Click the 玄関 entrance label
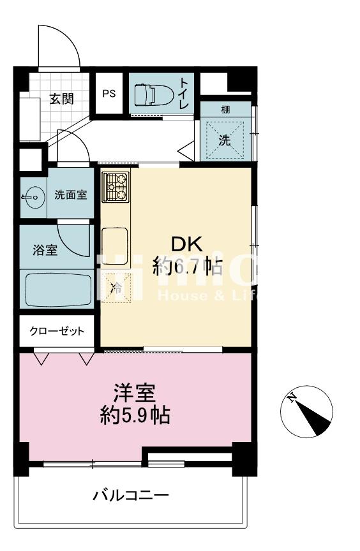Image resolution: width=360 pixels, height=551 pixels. tap(62, 99)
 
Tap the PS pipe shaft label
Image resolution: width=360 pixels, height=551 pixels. tap(109, 93)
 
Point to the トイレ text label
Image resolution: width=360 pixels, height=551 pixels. tap(184, 93)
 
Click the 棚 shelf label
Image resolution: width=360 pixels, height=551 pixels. tap(225, 110)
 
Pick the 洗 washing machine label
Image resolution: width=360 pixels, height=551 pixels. tap(225, 141)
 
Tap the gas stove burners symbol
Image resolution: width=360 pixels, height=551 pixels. tap(116, 186)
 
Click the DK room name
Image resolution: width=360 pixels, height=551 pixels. tap(186, 244)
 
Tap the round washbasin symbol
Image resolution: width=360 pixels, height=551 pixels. tap(31, 198)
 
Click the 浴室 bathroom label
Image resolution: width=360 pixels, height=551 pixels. tap(45, 250)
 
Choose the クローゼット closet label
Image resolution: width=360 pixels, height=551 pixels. tap(57, 331)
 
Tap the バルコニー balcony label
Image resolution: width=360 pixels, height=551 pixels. tap(131, 495)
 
